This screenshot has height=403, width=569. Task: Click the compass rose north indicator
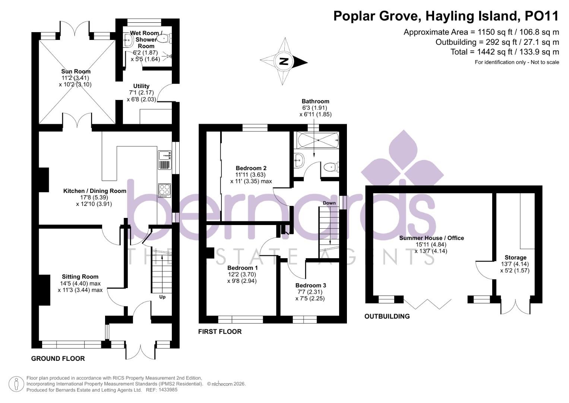[x=284, y=62]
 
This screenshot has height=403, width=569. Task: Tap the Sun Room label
[x=76, y=71]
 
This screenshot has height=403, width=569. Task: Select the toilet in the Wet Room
[x=164, y=38]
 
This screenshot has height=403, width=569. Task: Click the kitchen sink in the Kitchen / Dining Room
[x=164, y=154]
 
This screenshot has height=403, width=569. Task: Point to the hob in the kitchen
[x=164, y=190]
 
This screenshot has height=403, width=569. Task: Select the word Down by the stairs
[x=329, y=203]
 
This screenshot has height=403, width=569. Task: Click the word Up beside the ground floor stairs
[x=162, y=297]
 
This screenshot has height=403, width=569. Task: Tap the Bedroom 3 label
[x=311, y=285]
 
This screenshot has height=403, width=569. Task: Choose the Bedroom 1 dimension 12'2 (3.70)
[x=243, y=274]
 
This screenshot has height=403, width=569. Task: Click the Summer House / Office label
[x=432, y=238]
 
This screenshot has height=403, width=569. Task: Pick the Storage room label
[x=515, y=257]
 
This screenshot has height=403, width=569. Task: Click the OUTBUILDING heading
[x=387, y=316]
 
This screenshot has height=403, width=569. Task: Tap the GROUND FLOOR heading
[x=58, y=358]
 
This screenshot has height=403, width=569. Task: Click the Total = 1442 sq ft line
[x=505, y=52]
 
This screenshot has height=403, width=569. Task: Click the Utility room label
[x=141, y=86]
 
